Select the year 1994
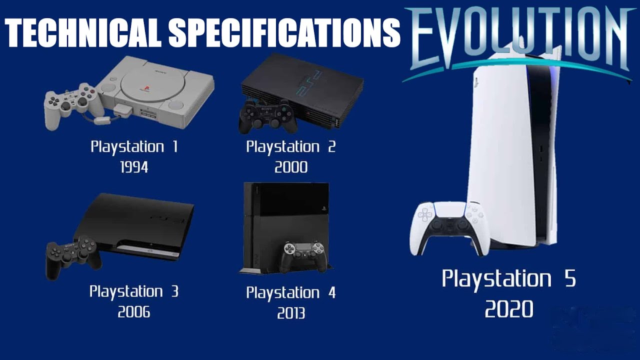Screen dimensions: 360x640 tap(134, 167)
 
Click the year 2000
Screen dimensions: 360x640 tap(291, 167)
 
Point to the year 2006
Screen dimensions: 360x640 tap(134, 312)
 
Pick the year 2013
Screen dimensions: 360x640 tap(291, 313)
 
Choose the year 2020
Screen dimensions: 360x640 tap(508, 309)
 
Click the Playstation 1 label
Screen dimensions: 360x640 tap(134, 147)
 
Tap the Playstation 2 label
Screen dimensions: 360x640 tap(291, 147)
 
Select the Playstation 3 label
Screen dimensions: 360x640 tap(134, 291)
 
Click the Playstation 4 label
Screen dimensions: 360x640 tap(291, 293)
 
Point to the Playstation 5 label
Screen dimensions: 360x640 tap(508, 279)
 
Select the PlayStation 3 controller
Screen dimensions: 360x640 tap(72, 255)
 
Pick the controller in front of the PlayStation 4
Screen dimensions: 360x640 tap(303, 255)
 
